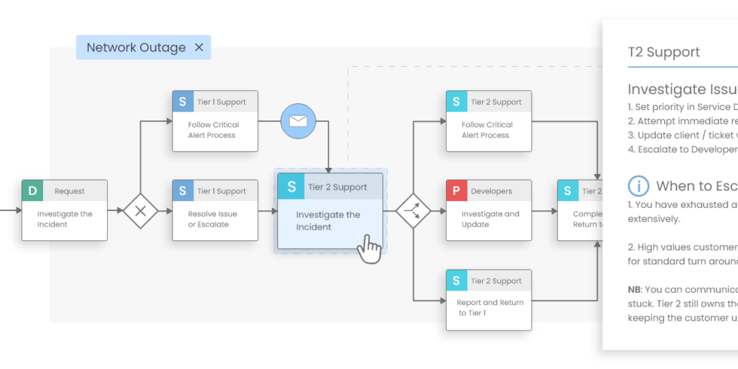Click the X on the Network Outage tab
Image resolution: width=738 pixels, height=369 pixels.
[x=199, y=47]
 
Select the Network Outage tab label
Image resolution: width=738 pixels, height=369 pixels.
[x=136, y=47]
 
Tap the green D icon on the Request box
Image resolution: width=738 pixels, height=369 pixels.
[x=32, y=191]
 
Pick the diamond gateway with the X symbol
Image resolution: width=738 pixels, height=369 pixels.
[x=140, y=211]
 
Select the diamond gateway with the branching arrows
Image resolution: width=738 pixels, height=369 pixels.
[x=413, y=211]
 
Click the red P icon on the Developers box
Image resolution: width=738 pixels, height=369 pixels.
[x=456, y=191]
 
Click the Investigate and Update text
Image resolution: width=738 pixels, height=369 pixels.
[x=490, y=219]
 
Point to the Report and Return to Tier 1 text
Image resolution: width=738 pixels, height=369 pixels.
[x=490, y=308]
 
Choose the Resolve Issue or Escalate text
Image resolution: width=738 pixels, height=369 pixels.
[x=212, y=219]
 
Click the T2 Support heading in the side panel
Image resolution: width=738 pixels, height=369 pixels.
[x=663, y=52]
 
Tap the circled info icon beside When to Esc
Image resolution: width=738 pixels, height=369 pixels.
[x=639, y=186]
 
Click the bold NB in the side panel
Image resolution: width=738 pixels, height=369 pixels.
[x=635, y=289]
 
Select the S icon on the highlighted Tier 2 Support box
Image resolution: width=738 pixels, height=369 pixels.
[x=291, y=187]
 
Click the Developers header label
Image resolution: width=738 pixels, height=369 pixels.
[x=491, y=191]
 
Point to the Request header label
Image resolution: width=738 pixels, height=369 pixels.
[x=69, y=191]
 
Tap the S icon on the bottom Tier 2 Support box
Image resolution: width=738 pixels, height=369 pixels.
[x=456, y=281]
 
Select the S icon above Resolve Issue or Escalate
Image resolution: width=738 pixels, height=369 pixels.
[x=183, y=191]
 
